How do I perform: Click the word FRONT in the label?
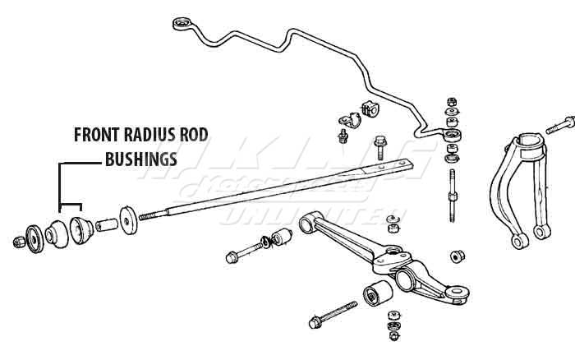(x=99, y=134)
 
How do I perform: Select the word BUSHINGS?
(x=140, y=159)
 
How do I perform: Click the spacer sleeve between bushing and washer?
(x=104, y=224)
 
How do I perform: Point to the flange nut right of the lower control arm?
(x=456, y=256)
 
